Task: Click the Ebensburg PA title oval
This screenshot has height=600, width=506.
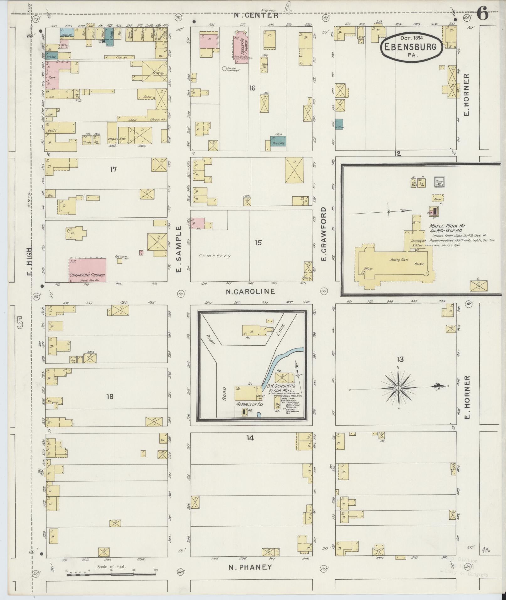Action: tap(412, 48)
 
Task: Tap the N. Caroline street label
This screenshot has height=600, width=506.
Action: tap(250, 291)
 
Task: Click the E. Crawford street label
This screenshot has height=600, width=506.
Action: tap(324, 234)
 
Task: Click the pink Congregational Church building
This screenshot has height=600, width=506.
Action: tap(87, 270)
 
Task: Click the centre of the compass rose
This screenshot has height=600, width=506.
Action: tap(398, 388)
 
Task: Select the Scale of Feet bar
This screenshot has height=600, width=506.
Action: tap(111, 574)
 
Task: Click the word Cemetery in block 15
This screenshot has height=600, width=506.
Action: tap(214, 256)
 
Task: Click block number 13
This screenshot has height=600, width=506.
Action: tap(400, 359)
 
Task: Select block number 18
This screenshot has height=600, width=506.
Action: tap(109, 396)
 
